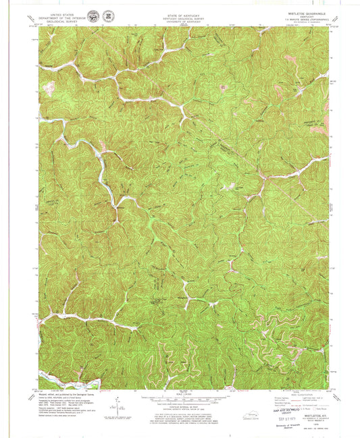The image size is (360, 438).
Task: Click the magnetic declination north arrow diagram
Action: [118, 408]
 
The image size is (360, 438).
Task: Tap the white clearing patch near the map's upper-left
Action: [49, 86]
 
